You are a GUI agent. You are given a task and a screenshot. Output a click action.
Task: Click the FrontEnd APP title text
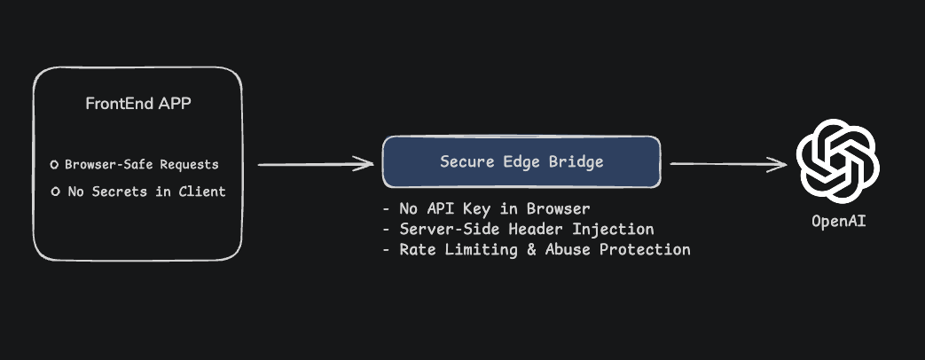[x=138, y=104]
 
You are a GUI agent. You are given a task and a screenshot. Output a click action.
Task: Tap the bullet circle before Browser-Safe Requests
[x=55, y=165]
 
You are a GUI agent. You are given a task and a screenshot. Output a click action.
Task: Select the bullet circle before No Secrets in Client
[x=55, y=192]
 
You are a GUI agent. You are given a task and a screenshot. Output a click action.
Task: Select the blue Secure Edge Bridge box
[x=521, y=162]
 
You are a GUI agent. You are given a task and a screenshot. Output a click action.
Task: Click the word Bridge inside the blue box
[x=575, y=162]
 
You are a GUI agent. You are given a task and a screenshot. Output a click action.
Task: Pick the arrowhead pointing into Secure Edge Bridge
[x=365, y=163]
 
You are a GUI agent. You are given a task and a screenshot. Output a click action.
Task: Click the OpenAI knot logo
[x=837, y=163]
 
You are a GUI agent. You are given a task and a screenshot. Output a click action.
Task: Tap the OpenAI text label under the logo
[x=838, y=221]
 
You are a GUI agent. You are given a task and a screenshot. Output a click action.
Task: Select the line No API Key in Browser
[x=487, y=209]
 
